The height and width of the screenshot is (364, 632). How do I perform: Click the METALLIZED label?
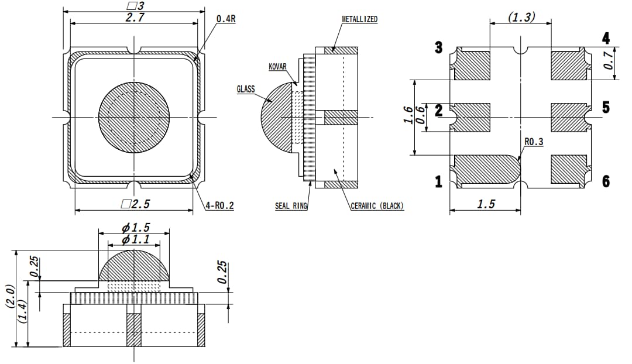359,19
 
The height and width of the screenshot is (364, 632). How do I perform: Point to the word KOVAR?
277,67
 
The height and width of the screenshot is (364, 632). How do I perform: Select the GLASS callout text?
246,89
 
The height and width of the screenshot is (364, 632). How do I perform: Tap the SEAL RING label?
291,206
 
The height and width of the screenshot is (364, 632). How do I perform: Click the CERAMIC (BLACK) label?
377,206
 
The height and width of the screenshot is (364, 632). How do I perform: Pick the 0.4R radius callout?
226,19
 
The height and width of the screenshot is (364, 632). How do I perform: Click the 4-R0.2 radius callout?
219,206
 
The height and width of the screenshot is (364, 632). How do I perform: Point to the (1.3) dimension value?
521,17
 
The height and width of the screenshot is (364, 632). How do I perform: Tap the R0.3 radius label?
534,142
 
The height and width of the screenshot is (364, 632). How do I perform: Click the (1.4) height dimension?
22,316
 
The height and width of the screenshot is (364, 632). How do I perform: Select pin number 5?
606,108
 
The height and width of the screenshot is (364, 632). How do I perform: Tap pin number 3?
438,48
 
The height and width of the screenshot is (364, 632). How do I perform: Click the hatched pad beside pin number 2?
472,117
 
